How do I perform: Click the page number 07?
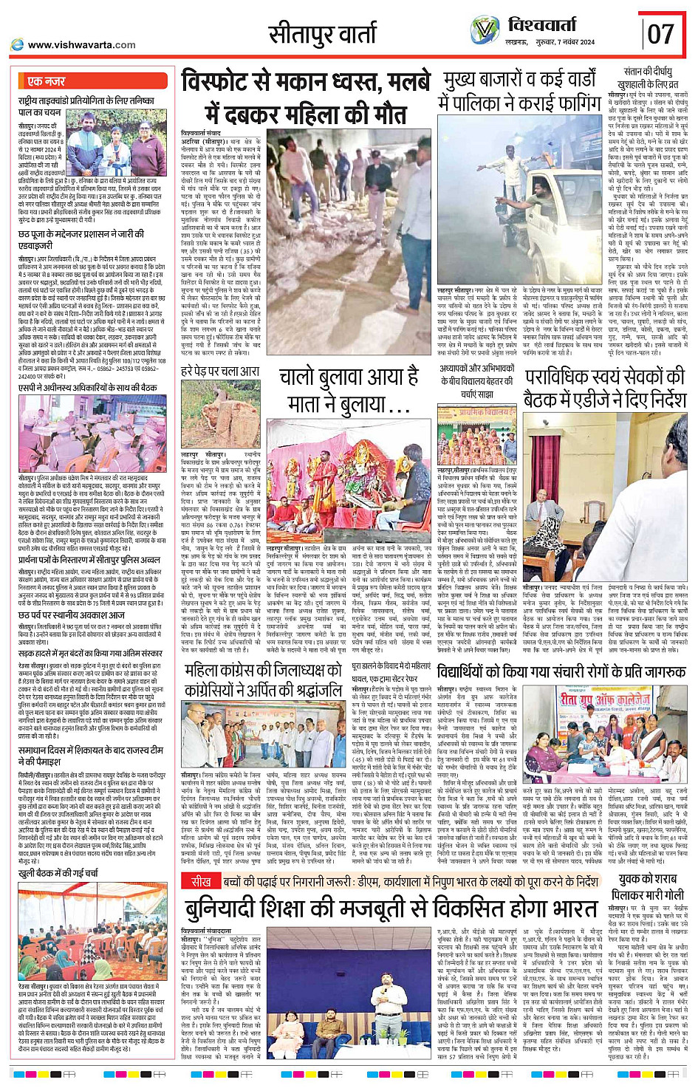(x=660, y=33)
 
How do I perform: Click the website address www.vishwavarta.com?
(x=81, y=45)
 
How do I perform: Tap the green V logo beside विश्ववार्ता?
(x=485, y=30)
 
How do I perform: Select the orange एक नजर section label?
(x=47, y=81)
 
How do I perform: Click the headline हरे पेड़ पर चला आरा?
(x=219, y=371)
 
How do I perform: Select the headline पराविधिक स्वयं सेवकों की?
(x=604, y=389)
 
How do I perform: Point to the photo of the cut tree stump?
(x=220, y=414)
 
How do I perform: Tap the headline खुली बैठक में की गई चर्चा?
(x=59, y=874)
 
